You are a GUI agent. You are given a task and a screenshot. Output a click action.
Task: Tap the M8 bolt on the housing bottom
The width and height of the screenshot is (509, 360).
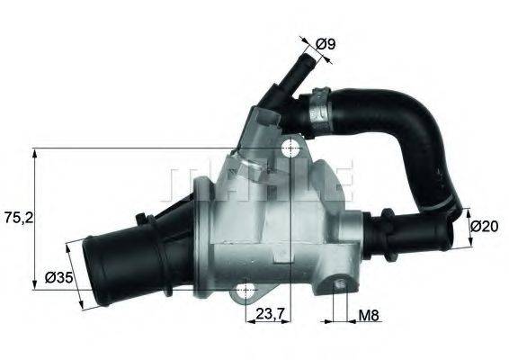pyautogui.click(x=339, y=285)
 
